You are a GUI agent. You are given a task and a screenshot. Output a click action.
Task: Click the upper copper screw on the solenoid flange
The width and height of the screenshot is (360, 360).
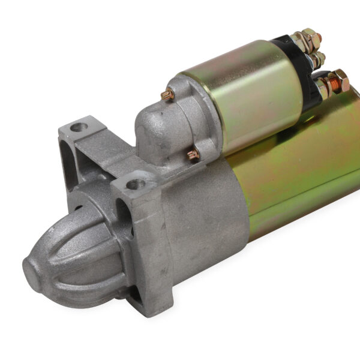pyautogui.click(x=169, y=94)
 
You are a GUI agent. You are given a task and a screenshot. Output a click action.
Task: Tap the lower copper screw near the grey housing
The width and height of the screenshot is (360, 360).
pyautogui.click(x=193, y=155)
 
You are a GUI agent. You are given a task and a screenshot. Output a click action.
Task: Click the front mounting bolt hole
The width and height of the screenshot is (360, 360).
pyautogui.click(x=136, y=182)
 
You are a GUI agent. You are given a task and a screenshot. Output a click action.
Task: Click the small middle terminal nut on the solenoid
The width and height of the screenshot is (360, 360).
pyautogui.click(x=318, y=59)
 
